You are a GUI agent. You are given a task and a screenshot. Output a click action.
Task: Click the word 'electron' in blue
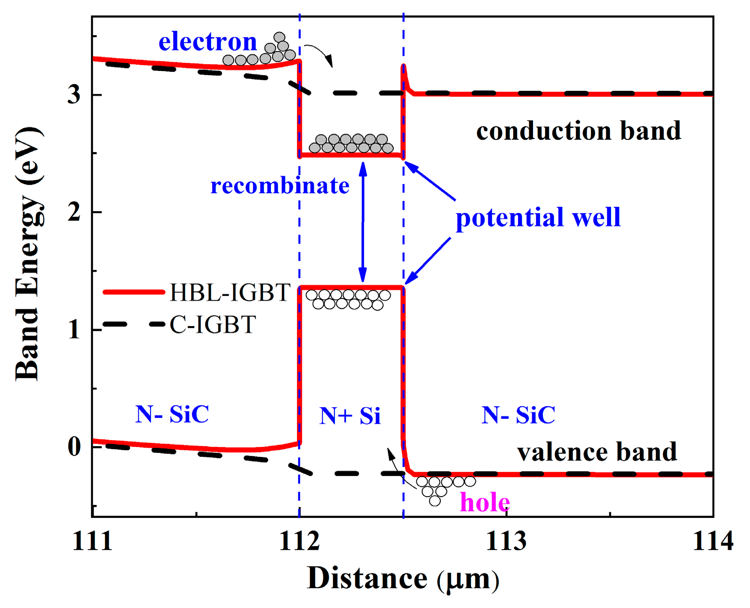(208, 42)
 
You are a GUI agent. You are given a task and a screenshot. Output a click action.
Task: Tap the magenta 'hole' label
(485, 502)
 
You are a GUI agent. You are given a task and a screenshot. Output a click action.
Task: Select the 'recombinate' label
(280, 185)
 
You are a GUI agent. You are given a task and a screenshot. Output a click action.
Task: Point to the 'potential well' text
(538, 217)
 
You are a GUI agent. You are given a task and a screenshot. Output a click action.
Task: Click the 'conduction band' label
(578, 131)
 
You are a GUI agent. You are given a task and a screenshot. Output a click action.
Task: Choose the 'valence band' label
(597, 452)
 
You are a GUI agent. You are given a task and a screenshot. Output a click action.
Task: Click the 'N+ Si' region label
(350, 415)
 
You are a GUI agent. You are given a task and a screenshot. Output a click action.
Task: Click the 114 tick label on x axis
(712, 541)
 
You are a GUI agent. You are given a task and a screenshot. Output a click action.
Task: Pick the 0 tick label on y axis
(75, 446)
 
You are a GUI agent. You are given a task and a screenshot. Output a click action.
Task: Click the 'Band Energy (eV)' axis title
(28, 253)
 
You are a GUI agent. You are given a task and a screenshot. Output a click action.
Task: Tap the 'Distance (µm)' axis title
(403, 579)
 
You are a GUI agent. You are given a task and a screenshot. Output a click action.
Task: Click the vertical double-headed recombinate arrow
(363, 222)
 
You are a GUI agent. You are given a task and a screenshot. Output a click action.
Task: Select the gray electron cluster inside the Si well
(351, 143)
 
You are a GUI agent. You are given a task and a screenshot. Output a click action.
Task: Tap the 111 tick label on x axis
(92, 541)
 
